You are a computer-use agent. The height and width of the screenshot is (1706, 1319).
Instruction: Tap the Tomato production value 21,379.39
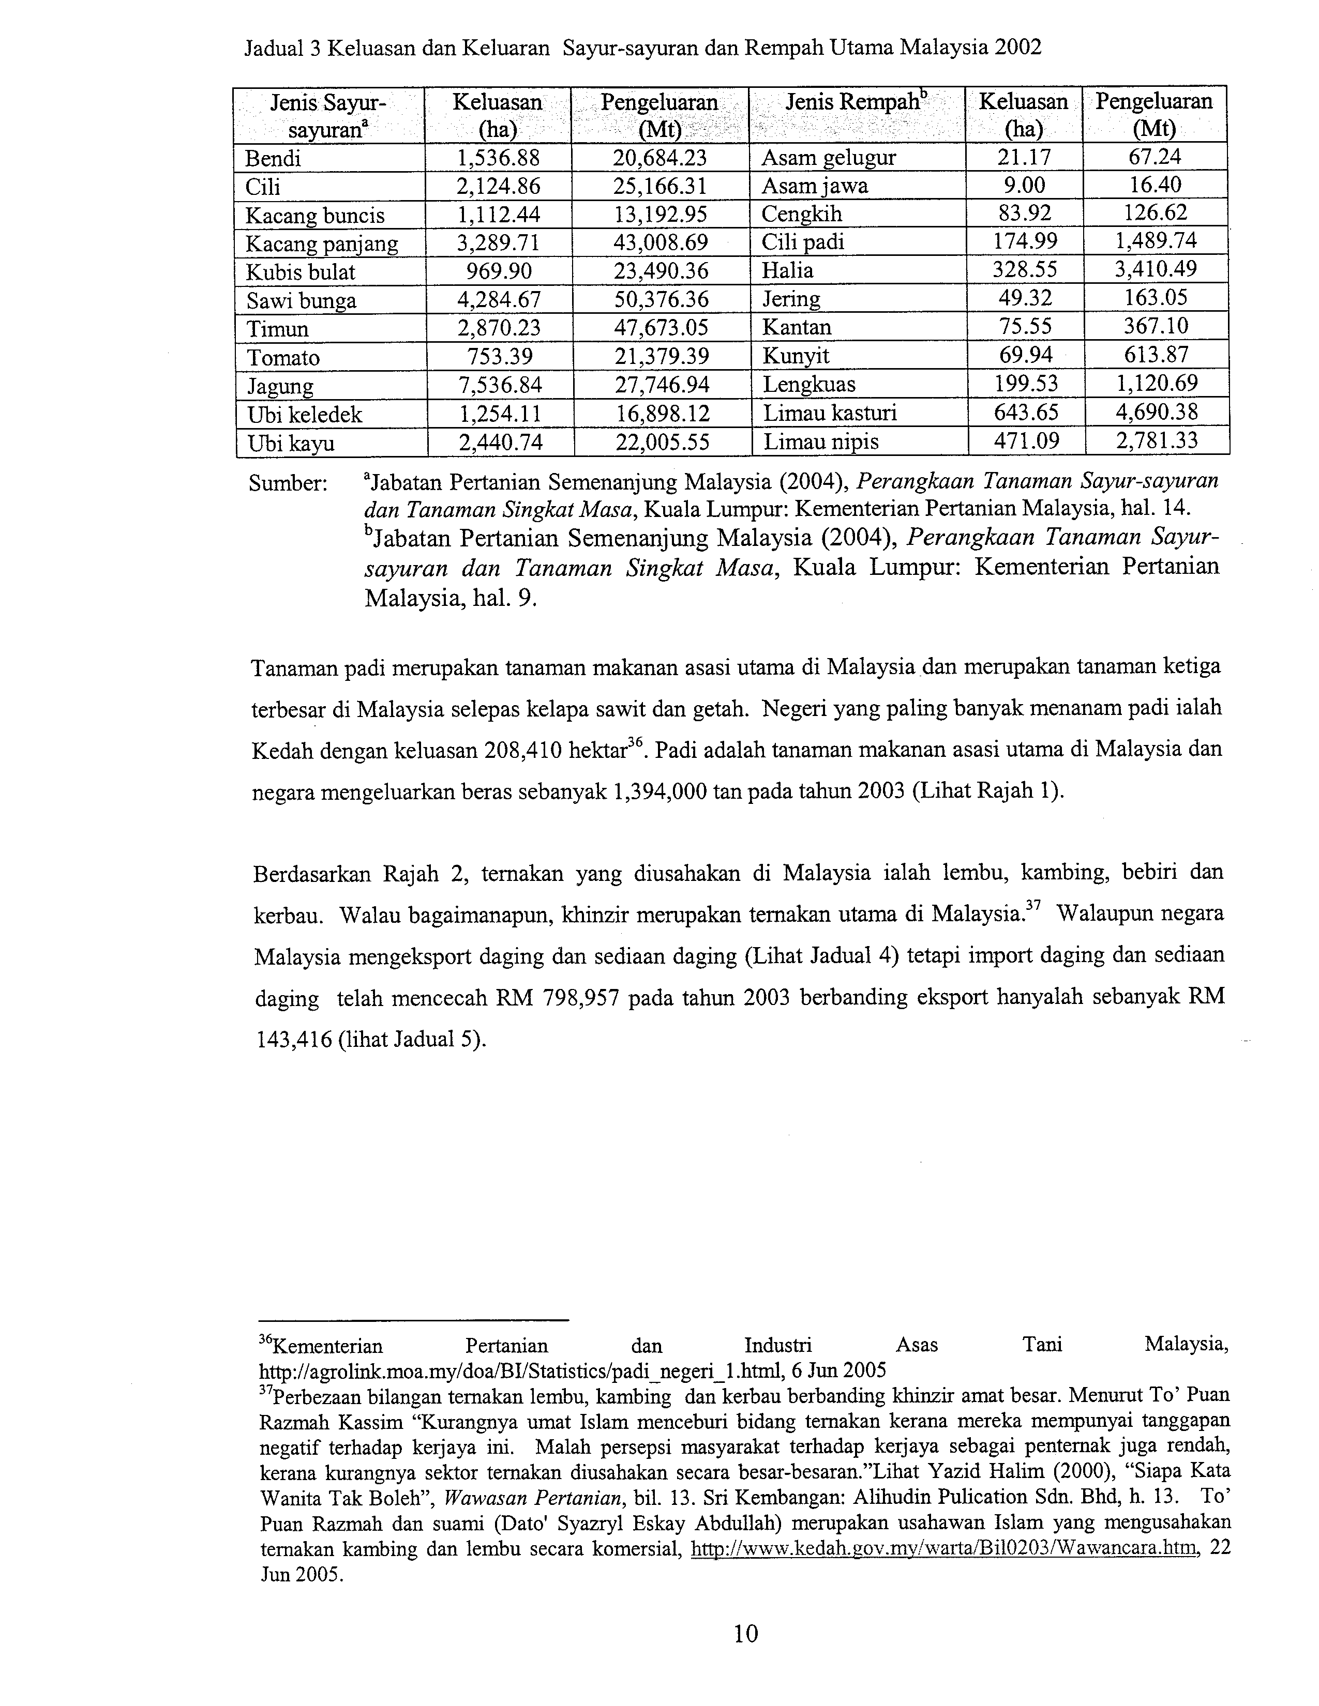pos(661,357)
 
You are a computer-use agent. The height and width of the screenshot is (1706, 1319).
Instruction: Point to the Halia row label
pos(788,271)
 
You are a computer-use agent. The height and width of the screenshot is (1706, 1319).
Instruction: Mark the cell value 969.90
pos(499,272)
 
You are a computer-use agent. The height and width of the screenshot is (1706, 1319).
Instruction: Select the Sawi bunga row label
pos(301,301)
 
